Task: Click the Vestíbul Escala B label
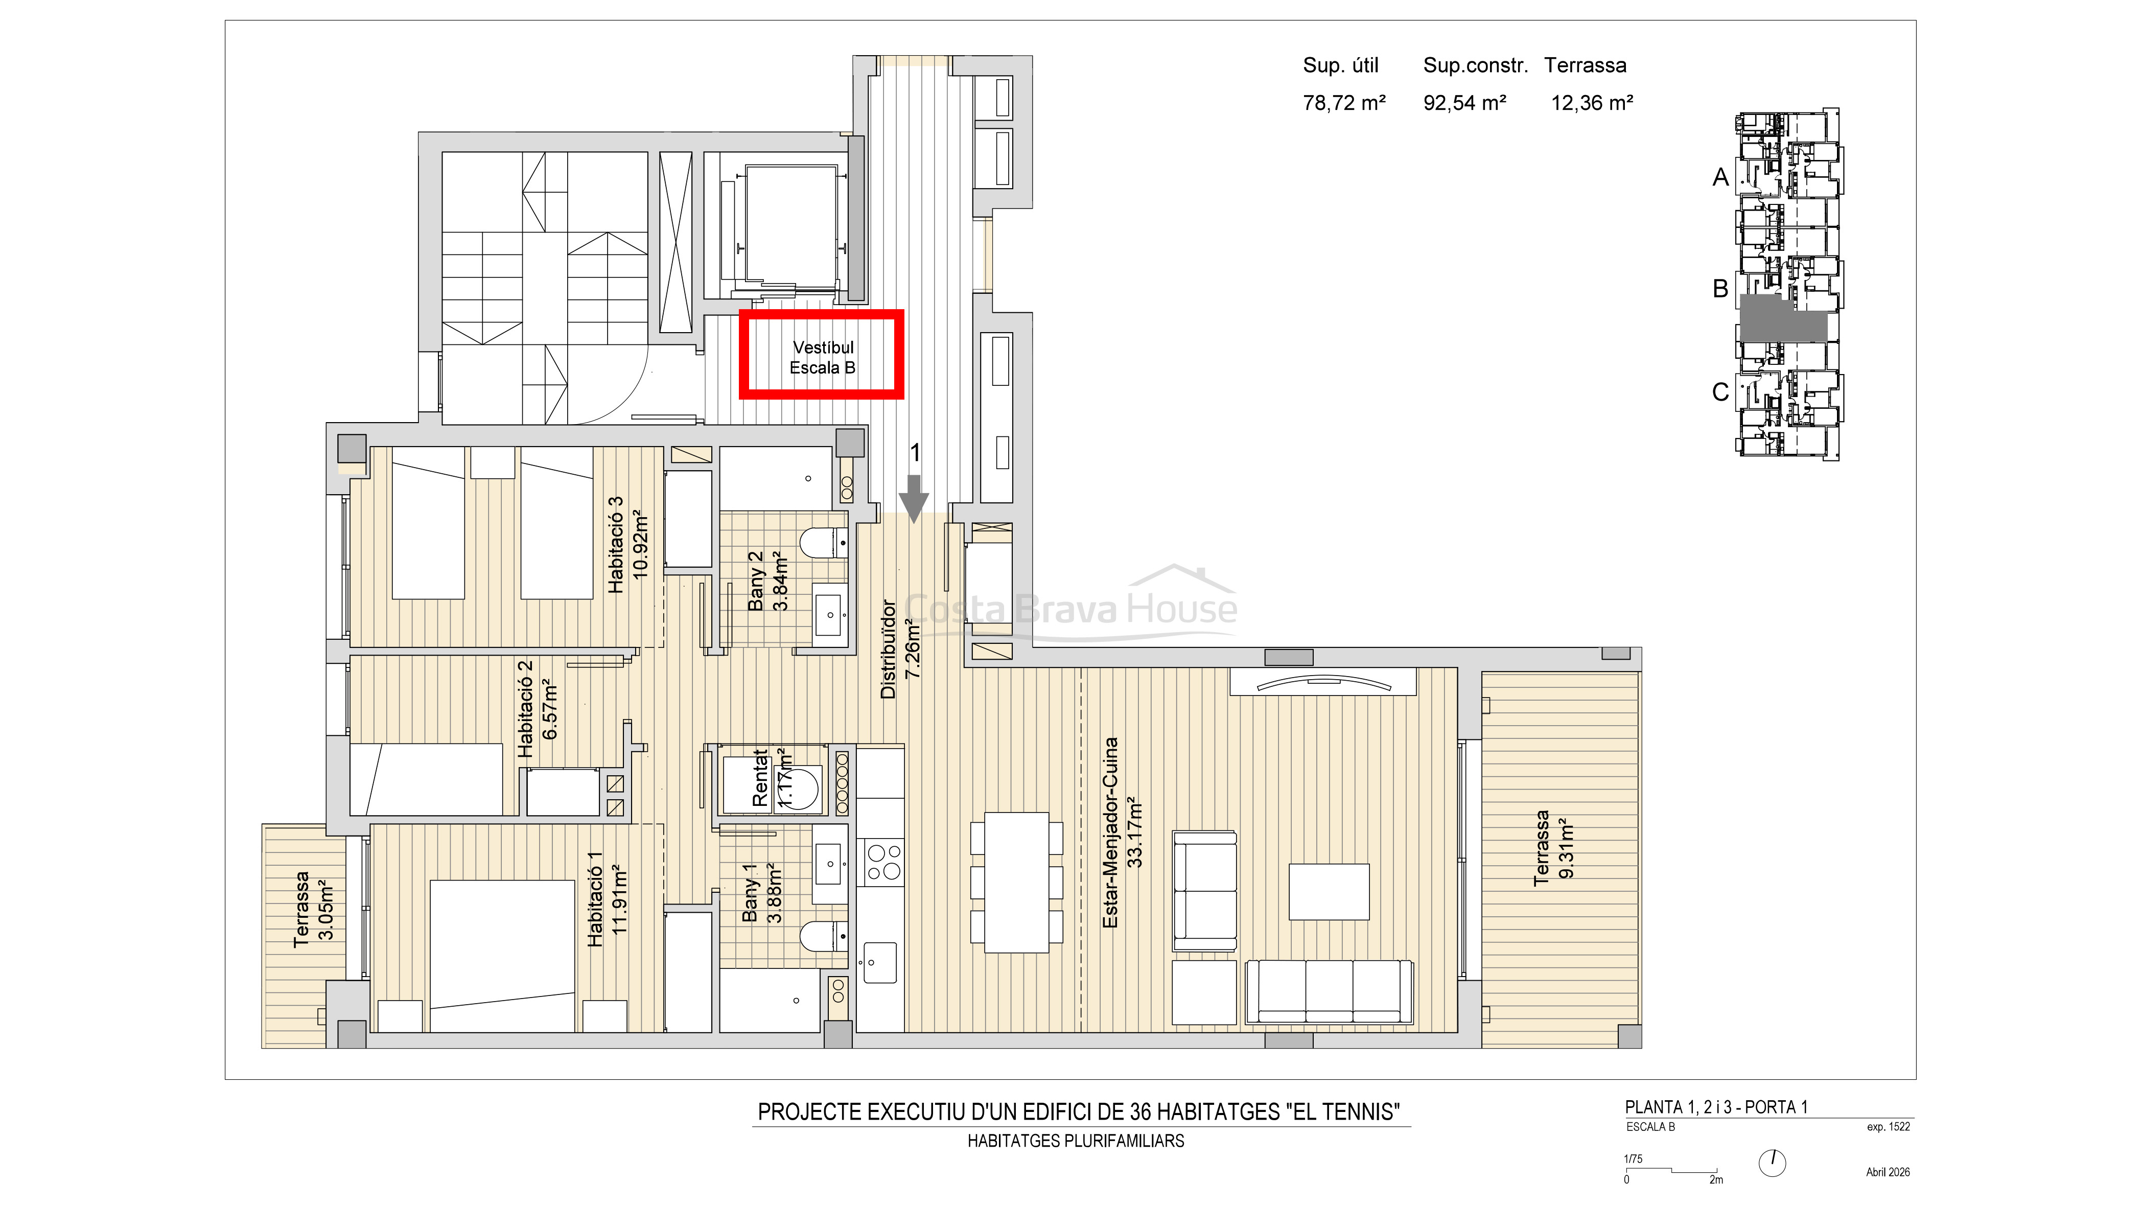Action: pos(822,358)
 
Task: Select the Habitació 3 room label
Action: pos(615,545)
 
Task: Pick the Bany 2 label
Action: pos(756,582)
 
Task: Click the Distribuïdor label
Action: pos(888,648)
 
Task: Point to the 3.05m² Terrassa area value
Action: pos(327,909)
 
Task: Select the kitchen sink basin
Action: pos(880,963)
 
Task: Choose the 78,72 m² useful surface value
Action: pos(1344,103)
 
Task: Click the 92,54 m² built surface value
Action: pos(1464,103)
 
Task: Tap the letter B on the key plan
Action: pos(1720,289)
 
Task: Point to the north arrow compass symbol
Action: pos(1773,1163)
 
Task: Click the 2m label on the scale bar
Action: pos(1716,1179)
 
